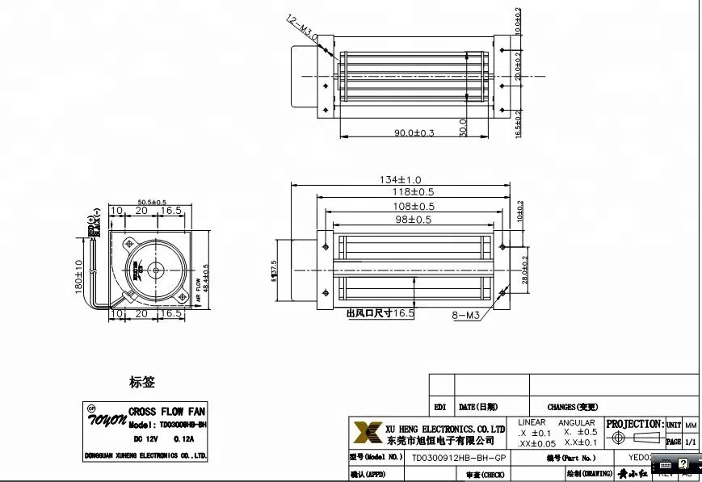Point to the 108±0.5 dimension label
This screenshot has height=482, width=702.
coord(413,206)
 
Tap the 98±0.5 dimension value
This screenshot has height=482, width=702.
coord(413,220)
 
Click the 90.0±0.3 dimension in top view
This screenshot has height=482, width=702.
coord(414,132)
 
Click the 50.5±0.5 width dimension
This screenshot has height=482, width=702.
coord(152,202)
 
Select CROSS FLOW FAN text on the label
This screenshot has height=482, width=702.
coord(167,412)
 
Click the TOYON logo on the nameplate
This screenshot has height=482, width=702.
coord(107,418)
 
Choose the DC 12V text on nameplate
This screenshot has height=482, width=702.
coord(145,439)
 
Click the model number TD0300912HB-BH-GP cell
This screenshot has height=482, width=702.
coord(459,458)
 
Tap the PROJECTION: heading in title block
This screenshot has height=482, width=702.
coord(634,424)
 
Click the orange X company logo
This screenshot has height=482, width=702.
coord(368,432)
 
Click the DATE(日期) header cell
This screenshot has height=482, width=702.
coord(478,408)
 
